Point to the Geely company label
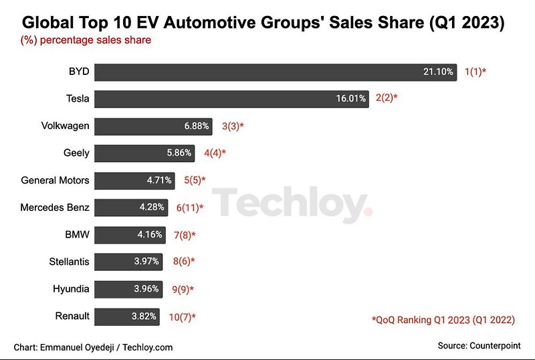(x=76, y=153)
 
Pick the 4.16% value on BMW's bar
(x=148, y=234)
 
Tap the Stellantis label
(x=69, y=262)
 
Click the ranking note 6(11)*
(x=190, y=207)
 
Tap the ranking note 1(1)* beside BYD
(x=475, y=71)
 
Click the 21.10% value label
(x=438, y=71)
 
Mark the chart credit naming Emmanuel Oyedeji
(x=93, y=347)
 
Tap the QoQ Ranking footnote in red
(x=443, y=320)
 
